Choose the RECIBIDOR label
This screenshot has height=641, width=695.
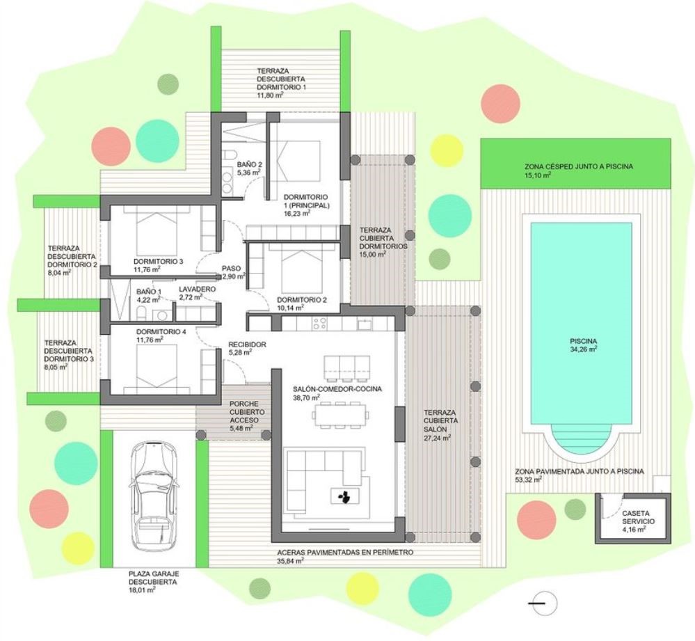click(248, 345)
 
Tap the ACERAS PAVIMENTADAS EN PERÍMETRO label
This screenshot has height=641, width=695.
click(345, 552)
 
